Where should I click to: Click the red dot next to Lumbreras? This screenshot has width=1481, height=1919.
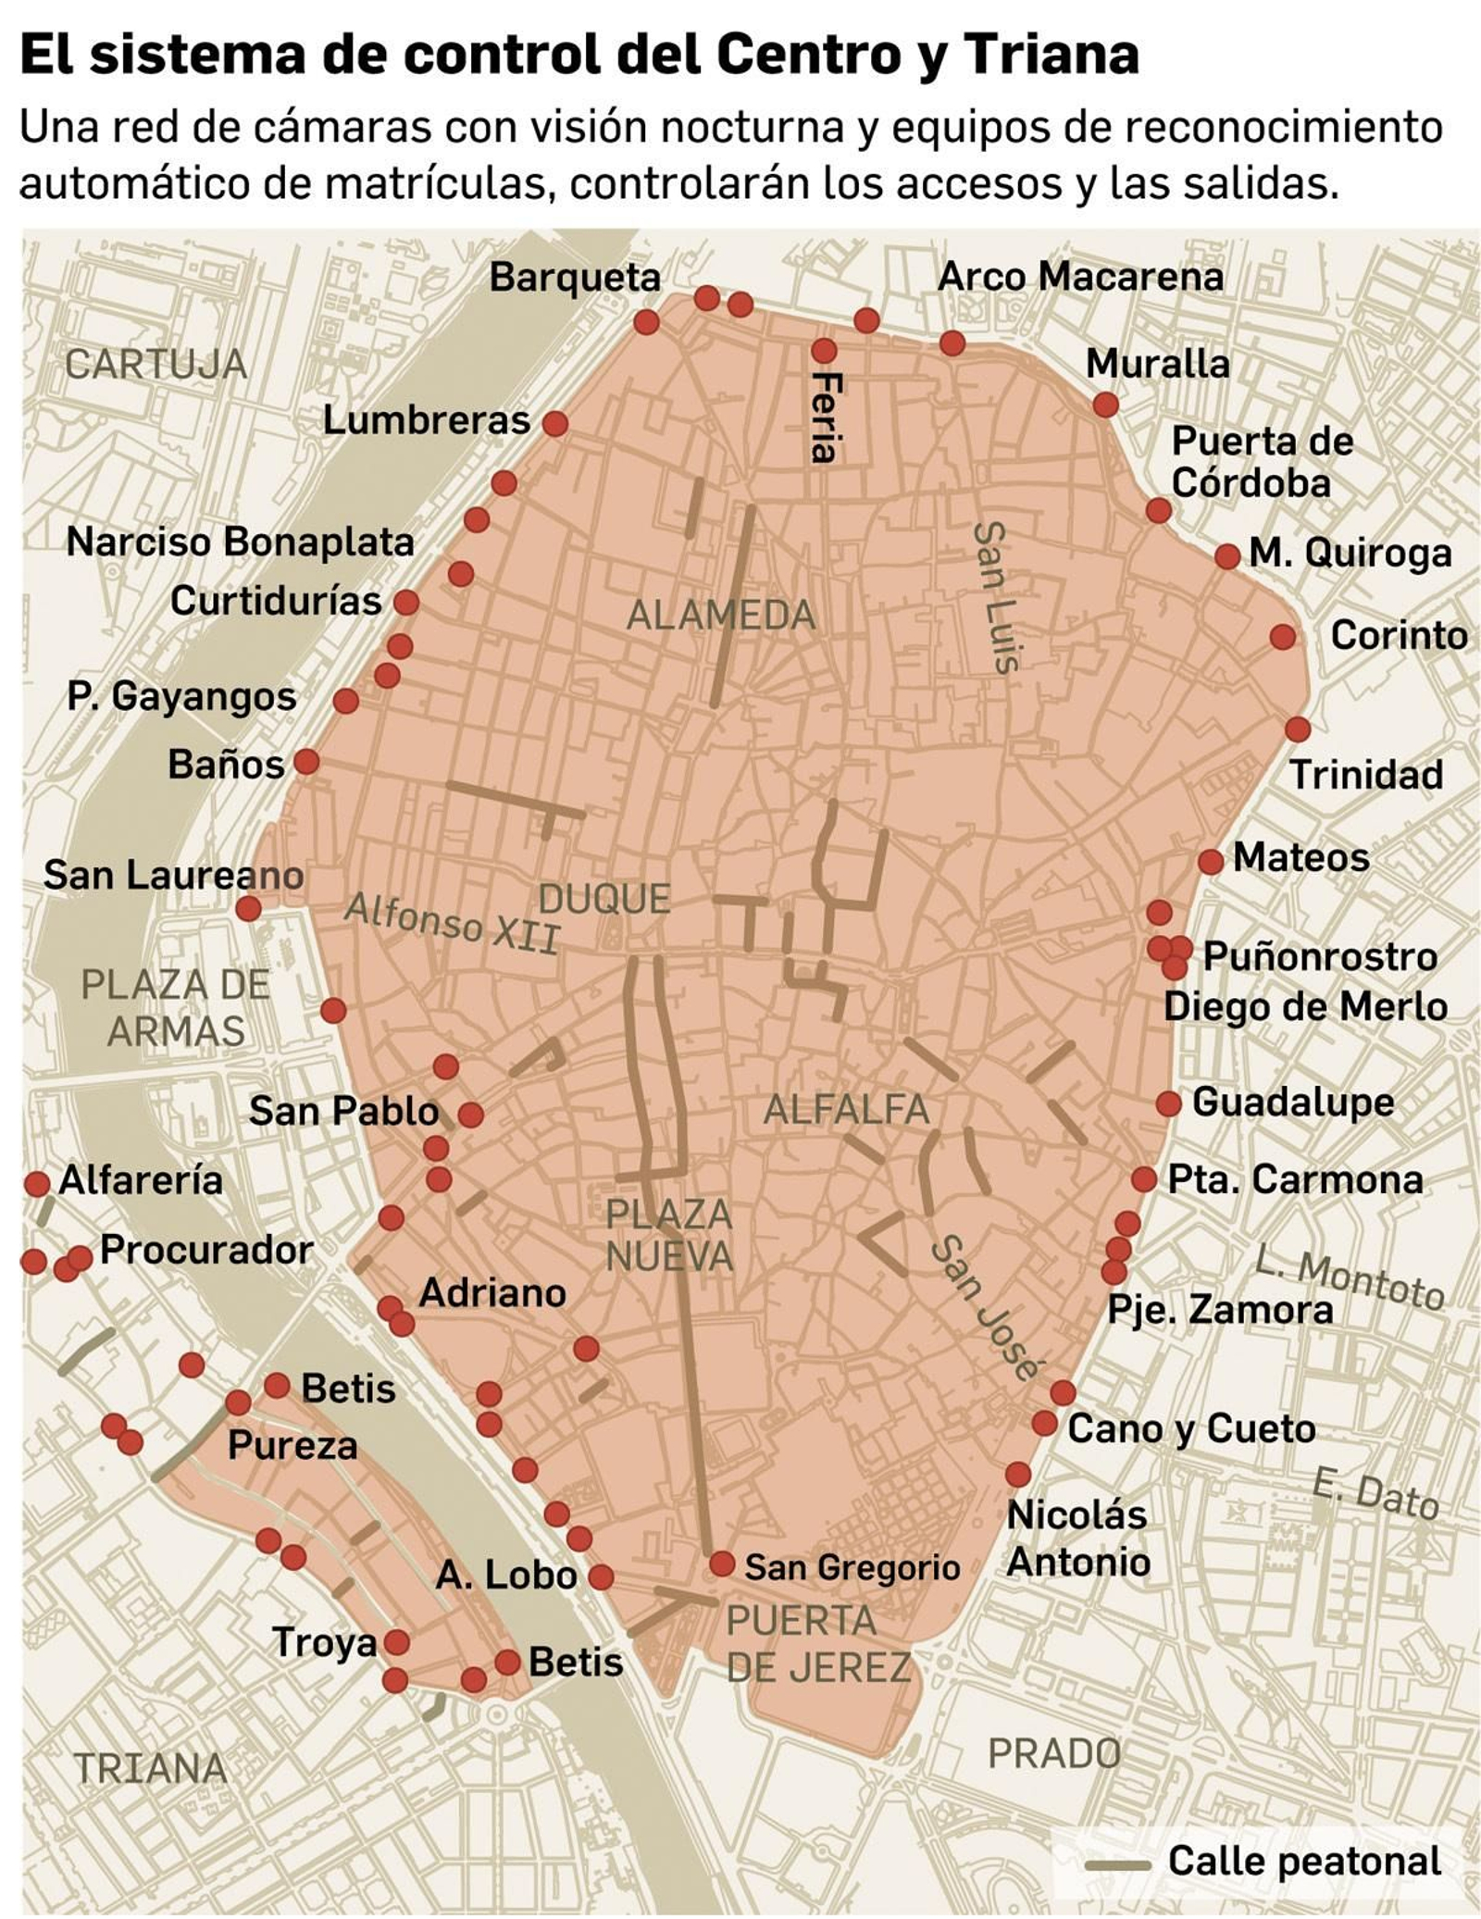tap(554, 423)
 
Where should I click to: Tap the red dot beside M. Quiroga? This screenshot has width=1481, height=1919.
tap(1226, 556)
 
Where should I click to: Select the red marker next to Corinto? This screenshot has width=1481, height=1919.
tap(1282, 637)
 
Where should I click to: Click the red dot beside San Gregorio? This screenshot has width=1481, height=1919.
tap(721, 1564)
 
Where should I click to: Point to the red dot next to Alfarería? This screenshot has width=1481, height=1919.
tap(37, 1183)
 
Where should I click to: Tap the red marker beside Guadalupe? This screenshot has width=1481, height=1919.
tap(1168, 1103)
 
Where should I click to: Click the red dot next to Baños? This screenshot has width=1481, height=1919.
tap(306, 762)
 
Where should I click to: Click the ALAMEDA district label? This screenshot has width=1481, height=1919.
tap(720, 615)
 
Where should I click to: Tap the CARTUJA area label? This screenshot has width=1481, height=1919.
tap(156, 365)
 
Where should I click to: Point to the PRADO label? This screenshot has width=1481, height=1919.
tap(1053, 1753)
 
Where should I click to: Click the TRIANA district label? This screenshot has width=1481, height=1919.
tap(150, 1768)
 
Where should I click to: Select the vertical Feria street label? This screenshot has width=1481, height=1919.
tap(824, 417)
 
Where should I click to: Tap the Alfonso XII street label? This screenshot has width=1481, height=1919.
tap(452, 923)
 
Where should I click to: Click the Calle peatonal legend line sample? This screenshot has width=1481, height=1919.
tap(1117, 1863)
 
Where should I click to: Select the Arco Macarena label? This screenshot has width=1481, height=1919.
tap(1079, 276)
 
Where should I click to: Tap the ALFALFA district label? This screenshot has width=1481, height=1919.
tap(845, 1109)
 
